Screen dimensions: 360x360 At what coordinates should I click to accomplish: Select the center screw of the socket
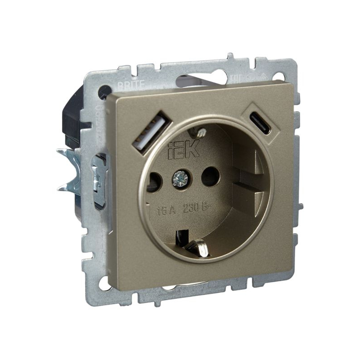tap(179, 179)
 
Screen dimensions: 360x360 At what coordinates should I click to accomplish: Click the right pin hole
tap(210, 176)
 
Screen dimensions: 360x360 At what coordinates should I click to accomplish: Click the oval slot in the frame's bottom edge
tap(189, 287)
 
